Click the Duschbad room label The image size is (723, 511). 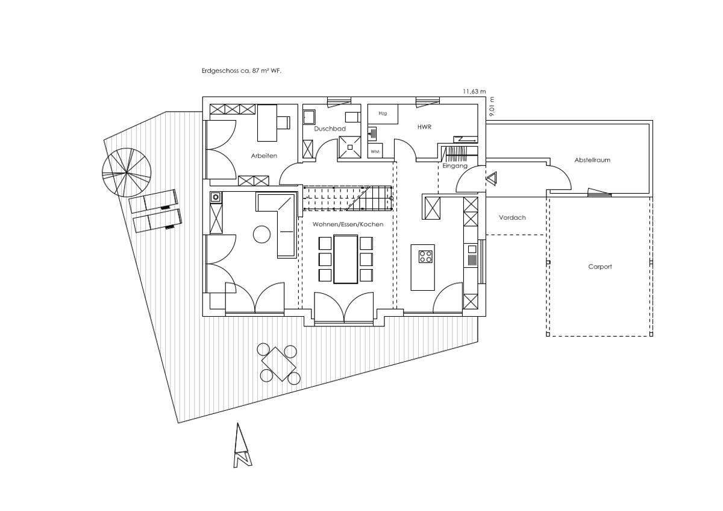[x=330, y=129]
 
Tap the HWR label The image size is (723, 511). [x=424, y=127]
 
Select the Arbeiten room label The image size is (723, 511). [x=264, y=156]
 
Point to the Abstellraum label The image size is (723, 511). [x=592, y=160]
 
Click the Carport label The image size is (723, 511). [x=600, y=267]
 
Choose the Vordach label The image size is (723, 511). [x=512, y=218]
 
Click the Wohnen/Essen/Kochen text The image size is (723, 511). [x=348, y=224]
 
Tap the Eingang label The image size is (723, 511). [x=455, y=166]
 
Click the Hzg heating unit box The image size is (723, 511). [x=383, y=114]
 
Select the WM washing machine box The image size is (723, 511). [x=375, y=151]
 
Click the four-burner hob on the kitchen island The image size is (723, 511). [x=426, y=256]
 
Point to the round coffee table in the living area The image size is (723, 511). [x=261, y=234]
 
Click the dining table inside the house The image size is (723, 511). [x=346, y=259]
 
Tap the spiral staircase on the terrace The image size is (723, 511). [x=126, y=173]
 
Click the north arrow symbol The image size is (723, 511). [x=242, y=445]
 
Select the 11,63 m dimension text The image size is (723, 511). [x=474, y=92]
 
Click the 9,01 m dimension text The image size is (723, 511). [x=492, y=107]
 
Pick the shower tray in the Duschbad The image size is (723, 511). [x=350, y=147]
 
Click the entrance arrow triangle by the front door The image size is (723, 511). [x=492, y=179]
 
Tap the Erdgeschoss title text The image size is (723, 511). [x=242, y=71]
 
